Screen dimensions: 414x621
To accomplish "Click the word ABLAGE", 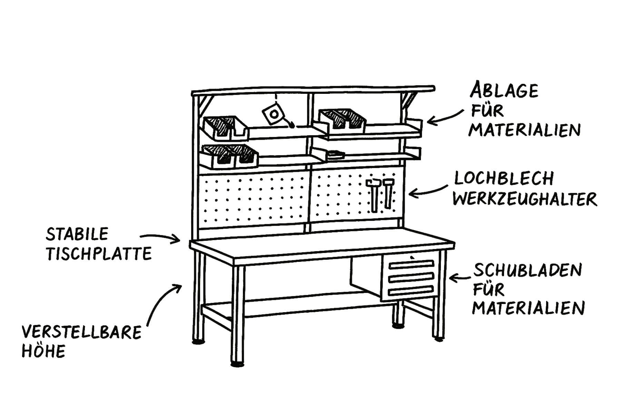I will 504,91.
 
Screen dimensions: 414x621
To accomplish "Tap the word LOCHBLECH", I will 504,179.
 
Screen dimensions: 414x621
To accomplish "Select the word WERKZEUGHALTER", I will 524,199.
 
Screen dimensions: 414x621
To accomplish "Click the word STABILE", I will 77,235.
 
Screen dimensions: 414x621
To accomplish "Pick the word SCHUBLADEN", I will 528,270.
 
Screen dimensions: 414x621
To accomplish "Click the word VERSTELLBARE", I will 82,333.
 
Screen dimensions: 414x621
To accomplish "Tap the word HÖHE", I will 43,352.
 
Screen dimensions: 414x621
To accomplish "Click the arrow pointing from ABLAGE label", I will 445,117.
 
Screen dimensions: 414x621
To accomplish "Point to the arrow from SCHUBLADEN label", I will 461,278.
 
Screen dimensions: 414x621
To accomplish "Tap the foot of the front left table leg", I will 237,364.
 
